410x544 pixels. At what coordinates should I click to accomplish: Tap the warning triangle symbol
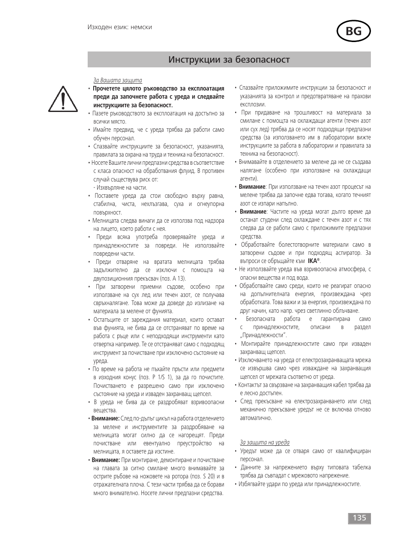coord(63,98)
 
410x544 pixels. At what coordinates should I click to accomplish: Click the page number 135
coord(359,518)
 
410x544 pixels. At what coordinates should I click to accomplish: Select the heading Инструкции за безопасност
coord(229,60)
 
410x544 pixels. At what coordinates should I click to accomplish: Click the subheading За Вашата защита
coord(117,80)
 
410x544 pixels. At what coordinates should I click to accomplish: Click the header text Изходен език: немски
coord(119,27)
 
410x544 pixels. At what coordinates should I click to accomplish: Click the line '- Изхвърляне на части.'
coord(120,187)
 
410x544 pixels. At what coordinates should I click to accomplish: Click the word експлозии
coord(253,104)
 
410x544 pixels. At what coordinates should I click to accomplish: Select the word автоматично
coord(256,418)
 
